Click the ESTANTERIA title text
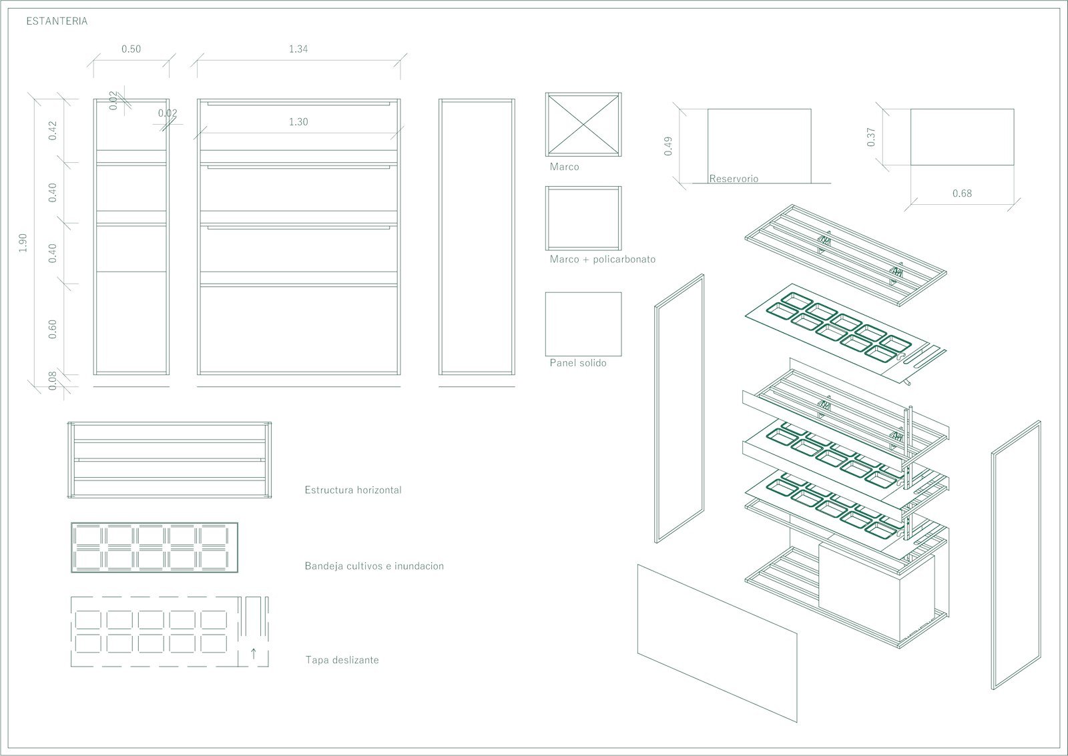click(57, 21)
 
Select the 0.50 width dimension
click(131, 49)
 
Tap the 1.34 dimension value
click(298, 49)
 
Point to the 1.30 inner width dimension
click(298, 122)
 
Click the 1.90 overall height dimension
click(23, 243)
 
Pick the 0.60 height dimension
click(53, 330)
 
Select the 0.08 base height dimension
click(53, 380)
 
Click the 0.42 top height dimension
click(53, 131)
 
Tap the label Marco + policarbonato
click(603, 260)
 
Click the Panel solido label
click(578, 363)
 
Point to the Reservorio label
click(734, 179)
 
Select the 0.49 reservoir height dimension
click(668, 146)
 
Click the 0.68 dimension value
click(962, 194)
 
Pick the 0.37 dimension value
click(871, 137)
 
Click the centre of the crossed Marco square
click(583, 124)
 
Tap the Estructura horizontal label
click(353, 490)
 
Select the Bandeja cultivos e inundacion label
click(374, 566)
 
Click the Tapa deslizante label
click(342, 660)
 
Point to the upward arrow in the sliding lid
click(254, 653)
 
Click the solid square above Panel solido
click(583, 324)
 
